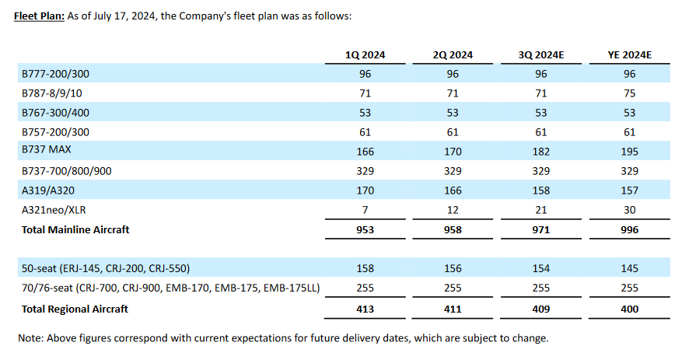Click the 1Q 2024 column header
[x=365, y=55]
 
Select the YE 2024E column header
[x=629, y=55]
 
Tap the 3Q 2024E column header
[x=541, y=55]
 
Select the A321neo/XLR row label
[x=52, y=210]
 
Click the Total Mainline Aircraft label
[x=75, y=229]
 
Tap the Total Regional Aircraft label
[x=75, y=309]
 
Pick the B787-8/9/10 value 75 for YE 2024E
[x=629, y=93]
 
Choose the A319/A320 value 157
[x=629, y=190]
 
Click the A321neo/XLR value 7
[x=365, y=210]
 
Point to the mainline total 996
[x=629, y=230]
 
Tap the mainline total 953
[x=365, y=230]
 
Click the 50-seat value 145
[x=629, y=268]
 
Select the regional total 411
[x=453, y=309]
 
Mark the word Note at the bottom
[x=30, y=338]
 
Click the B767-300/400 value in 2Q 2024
[x=453, y=113]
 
